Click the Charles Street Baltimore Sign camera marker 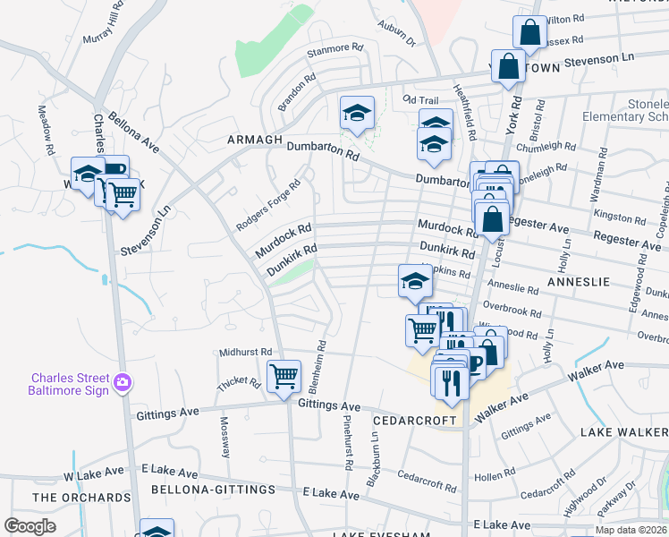123,384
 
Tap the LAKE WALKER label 623,432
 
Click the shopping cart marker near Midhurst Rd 284,375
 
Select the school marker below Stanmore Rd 357,113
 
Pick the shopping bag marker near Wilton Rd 529,32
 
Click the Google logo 30,525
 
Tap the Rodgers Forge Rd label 267,205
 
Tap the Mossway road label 225,434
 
